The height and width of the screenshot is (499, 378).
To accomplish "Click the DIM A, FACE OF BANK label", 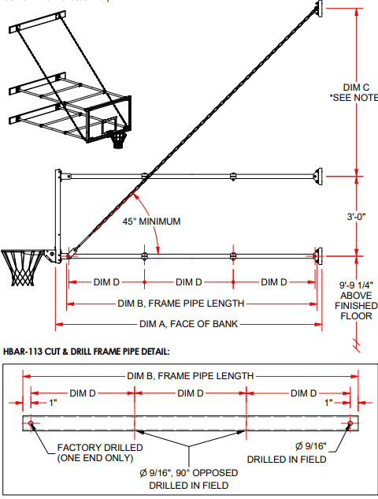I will click(188, 324).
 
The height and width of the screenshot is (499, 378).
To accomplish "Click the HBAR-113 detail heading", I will click(87, 350).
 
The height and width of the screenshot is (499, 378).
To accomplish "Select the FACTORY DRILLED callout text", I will click(100, 452).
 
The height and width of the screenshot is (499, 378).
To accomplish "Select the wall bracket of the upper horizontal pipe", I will click(319, 175).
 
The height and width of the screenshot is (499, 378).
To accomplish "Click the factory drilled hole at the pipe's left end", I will click(30, 424).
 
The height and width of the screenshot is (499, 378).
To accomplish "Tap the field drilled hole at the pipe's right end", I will click(350, 424).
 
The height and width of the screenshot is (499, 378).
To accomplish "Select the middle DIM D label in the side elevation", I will click(189, 282).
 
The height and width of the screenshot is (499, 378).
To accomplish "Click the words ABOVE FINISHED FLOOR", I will click(355, 306).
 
